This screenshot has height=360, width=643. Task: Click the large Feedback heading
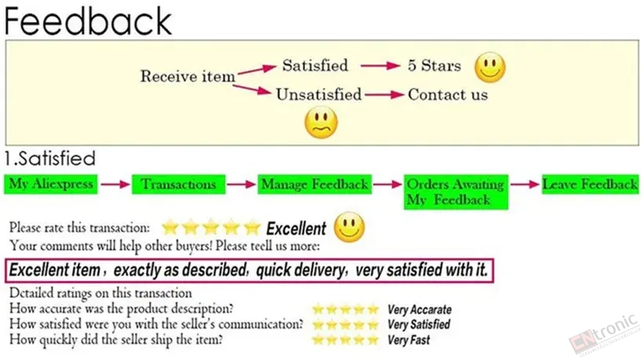point(88,20)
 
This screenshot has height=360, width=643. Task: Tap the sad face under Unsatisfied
point(321,122)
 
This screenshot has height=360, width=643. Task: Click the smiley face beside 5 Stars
point(489,67)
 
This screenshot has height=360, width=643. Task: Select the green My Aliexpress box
point(51,184)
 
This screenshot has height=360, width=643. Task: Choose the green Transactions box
point(178,184)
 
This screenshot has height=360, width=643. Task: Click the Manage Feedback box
point(314,184)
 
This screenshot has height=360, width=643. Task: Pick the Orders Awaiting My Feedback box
point(456,192)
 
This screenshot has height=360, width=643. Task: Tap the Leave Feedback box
point(590,184)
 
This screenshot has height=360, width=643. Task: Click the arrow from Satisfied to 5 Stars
point(380,66)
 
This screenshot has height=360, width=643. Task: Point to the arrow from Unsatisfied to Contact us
point(385,95)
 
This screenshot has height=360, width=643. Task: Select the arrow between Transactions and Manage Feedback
point(242,184)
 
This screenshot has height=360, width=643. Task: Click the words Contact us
point(448,95)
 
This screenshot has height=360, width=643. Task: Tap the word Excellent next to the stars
point(296,228)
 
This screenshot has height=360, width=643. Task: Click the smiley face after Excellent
point(349,227)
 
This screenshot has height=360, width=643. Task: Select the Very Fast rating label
point(409,340)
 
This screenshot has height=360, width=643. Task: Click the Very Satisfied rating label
point(419,325)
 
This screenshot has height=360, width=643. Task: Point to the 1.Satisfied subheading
point(50,158)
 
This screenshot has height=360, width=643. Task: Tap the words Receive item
point(188,76)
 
